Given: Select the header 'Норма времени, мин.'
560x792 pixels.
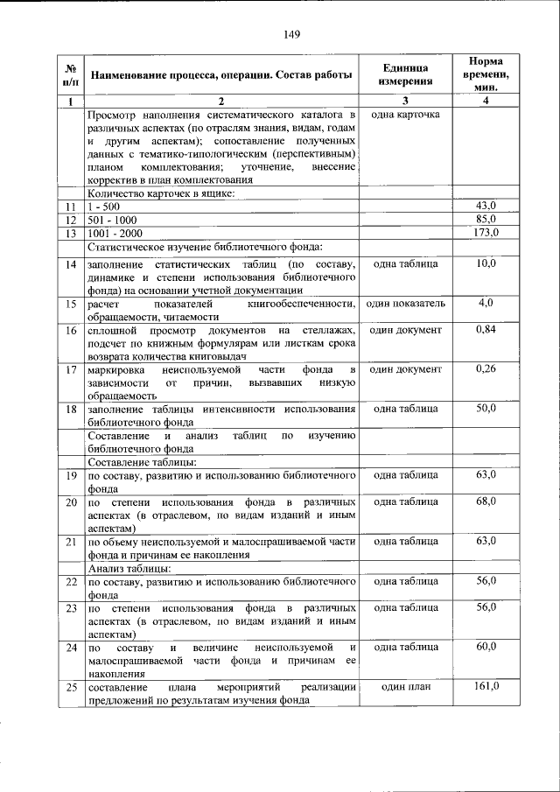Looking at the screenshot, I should [x=485, y=74].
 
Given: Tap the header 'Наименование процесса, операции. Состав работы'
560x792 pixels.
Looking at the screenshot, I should [x=221, y=74].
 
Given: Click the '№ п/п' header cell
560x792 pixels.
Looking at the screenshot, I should [x=70, y=74].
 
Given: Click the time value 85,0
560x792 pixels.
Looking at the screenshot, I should [x=486, y=219].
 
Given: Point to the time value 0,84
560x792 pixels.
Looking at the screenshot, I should [x=486, y=330].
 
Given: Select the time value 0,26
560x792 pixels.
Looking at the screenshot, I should [x=486, y=369].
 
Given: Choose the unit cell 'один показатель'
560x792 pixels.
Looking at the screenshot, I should [x=405, y=303].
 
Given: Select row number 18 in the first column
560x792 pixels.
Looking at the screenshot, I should [x=70, y=410].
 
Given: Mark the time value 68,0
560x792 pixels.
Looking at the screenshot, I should [x=486, y=501].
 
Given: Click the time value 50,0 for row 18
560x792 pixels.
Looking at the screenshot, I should [x=486, y=409].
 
